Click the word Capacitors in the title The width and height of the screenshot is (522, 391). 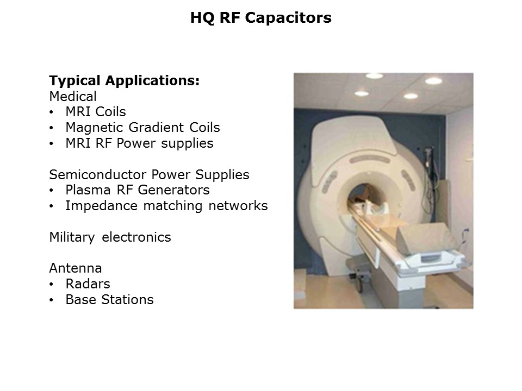288,17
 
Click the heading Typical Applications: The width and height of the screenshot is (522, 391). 124,81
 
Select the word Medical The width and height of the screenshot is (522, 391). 73,97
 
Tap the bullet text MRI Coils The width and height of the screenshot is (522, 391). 96,112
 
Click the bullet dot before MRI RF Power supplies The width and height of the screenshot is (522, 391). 51,144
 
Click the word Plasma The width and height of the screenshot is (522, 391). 88,190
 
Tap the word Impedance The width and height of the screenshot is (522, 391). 101,206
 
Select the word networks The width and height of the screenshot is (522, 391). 238,206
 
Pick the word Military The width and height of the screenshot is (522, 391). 72,237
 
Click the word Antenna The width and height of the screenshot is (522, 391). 76,268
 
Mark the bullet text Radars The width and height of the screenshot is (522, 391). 88,284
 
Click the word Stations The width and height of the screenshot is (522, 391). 127,300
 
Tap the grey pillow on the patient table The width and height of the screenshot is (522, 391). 427,237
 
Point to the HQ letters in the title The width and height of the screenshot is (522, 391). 202,18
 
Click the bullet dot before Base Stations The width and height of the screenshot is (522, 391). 51,300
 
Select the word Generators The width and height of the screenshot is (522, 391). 174,190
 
